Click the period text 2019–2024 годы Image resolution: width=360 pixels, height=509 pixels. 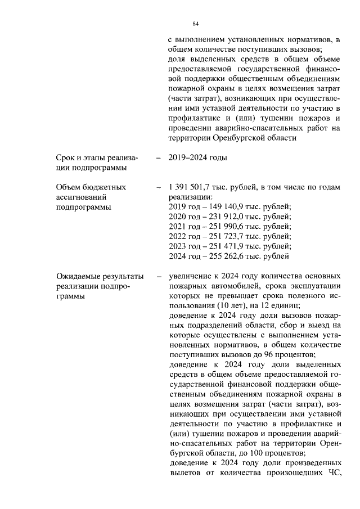coord(197,157)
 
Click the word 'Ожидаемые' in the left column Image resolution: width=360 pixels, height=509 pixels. coord(79,277)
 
